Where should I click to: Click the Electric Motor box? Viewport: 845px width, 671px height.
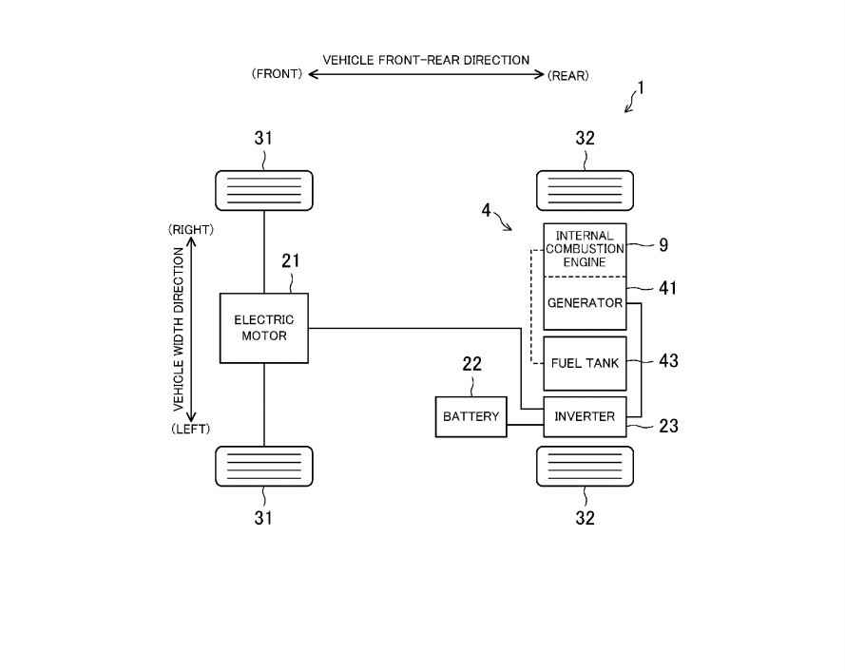pos(264,328)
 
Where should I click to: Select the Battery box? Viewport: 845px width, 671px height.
pos(471,417)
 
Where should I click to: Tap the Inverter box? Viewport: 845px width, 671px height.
pos(585,417)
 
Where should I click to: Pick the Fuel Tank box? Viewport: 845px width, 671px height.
pos(585,363)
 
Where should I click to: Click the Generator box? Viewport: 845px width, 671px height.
pos(585,304)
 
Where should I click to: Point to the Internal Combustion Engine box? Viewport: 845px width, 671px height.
pos(585,249)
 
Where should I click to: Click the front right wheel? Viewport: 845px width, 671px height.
pos(264,190)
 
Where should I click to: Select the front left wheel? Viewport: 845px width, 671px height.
pos(264,466)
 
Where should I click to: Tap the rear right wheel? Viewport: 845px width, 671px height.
pos(585,190)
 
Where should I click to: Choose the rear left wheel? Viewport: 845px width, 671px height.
pos(585,466)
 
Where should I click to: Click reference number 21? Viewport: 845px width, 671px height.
pos(291,260)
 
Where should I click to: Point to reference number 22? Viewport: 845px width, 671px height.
pos(471,364)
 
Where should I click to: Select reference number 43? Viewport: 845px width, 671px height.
pos(668,361)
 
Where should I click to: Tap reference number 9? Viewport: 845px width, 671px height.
pos(663,245)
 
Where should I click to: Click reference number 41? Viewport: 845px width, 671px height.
pos(668,288)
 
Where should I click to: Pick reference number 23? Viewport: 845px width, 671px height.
pos(668,426)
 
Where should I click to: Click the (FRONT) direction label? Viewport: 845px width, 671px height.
pos(277,76)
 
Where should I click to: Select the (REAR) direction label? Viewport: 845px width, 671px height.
pos(568,76)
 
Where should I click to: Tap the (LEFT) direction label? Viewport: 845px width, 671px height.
pos(190,429)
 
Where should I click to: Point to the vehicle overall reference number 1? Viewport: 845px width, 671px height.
pos(642,87)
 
